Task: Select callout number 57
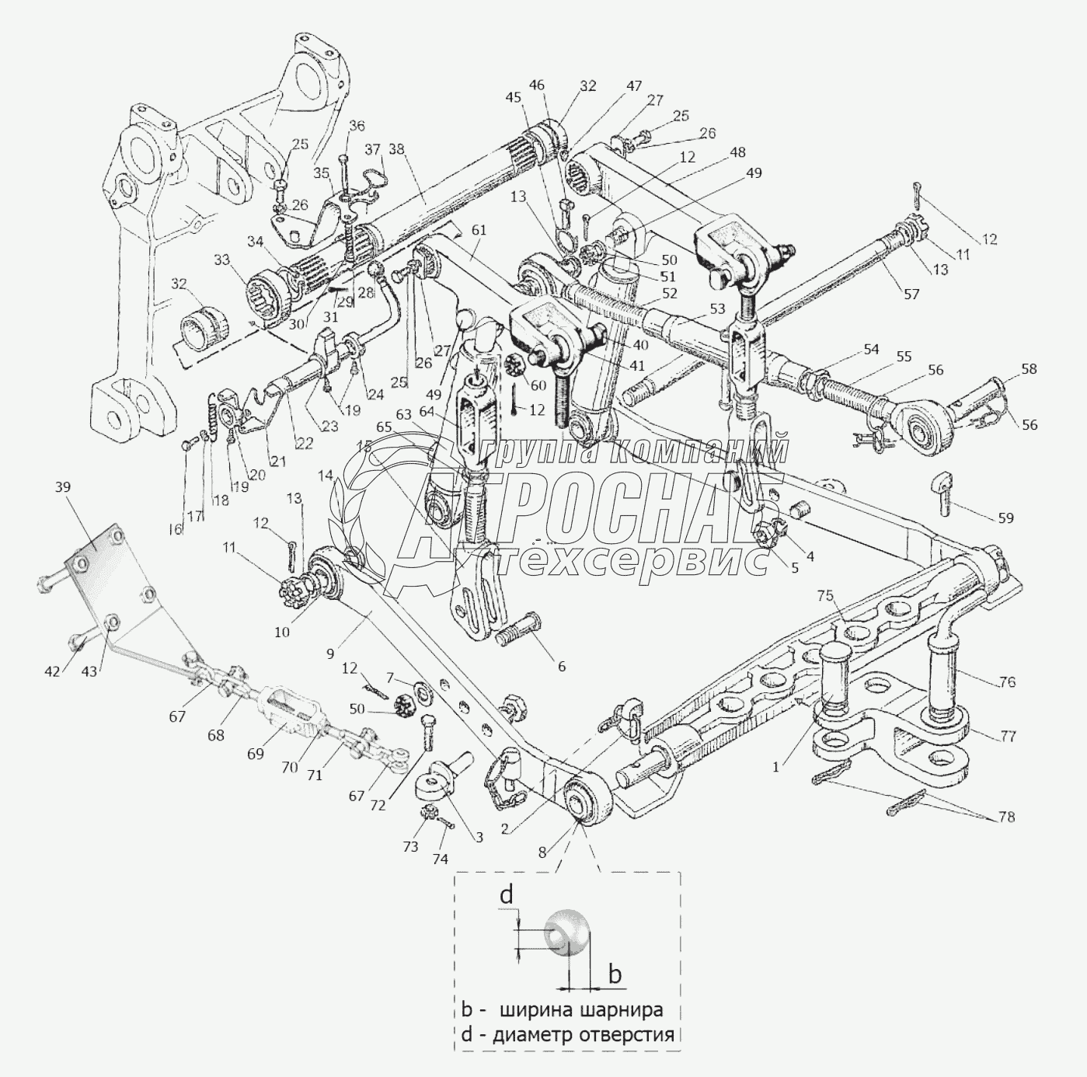click(911, 295)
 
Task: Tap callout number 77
click(1008, 736)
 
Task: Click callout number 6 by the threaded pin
click(562, 666)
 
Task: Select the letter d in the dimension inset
click(507, 895)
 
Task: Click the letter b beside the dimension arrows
click(615, 973)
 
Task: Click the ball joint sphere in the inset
click(567, 931)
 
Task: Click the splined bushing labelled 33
click(266, 298)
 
